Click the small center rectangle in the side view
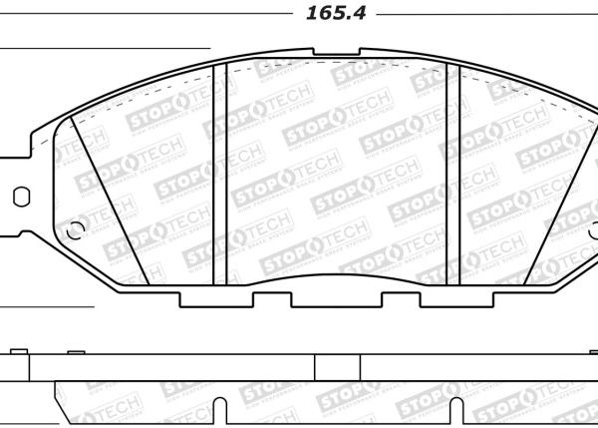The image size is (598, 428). click(x=331, y=367)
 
